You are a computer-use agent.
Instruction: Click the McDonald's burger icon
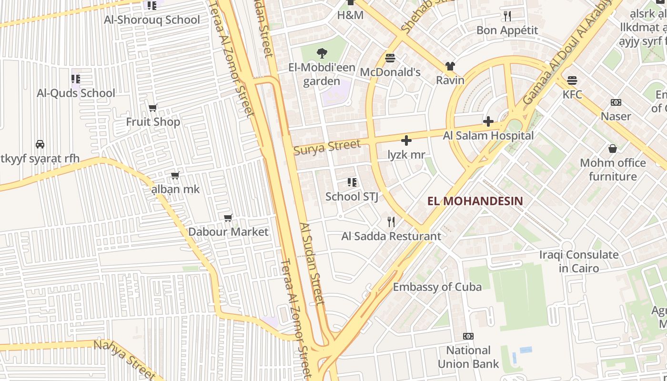(x=390, y=58)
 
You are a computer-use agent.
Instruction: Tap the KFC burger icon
(x=572, y=80)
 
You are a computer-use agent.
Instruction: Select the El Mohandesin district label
(x=475, y=201)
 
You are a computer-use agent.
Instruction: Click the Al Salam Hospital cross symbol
(x=488, y=121)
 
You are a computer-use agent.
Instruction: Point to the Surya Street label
(x=327, y=147)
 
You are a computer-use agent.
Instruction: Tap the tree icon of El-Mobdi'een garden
(x=322, y=53)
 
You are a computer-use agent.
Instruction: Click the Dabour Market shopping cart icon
(x=228, y=218)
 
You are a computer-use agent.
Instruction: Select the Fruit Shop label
(x=153, y=122)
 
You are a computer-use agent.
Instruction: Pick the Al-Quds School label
(x=76, y=93)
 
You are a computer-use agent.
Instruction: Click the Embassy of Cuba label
(x=437, y=287)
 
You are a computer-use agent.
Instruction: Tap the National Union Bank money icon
(x=468, y=336)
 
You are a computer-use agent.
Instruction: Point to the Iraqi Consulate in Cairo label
(x=579, y=261)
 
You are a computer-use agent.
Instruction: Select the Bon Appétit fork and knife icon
(x=507, y=16)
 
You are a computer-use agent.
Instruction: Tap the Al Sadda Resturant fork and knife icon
(x=391, y=222)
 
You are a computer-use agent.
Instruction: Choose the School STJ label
(x=352, y=196)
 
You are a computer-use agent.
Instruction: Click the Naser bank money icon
(x=616, y=102)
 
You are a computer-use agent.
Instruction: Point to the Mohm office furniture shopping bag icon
(x=613, y=149)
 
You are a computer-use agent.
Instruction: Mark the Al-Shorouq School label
(x=152, y=20)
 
